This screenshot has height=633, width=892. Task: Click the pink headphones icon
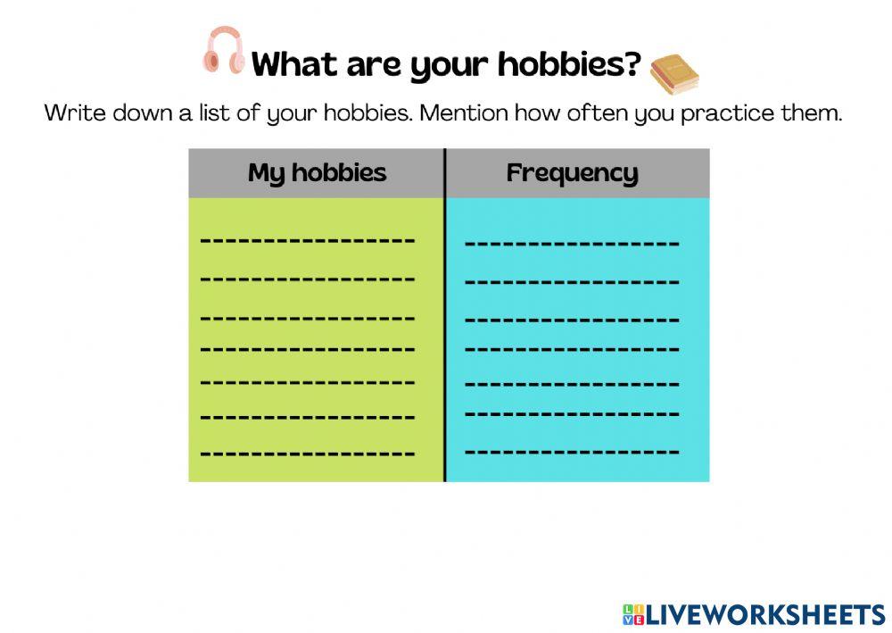coord(224,51)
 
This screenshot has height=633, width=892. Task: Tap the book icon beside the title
coord(673,74)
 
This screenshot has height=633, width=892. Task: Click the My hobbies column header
coord(317,173)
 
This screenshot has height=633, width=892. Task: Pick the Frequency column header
coord(572,173)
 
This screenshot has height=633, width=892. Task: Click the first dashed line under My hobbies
coord(308,240)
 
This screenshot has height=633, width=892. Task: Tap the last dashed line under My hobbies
coord(308,453)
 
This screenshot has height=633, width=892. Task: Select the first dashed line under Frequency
coord(572,243)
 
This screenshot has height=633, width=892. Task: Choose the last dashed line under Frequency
coord(572,451)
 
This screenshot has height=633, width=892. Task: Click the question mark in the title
coord(632,63)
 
